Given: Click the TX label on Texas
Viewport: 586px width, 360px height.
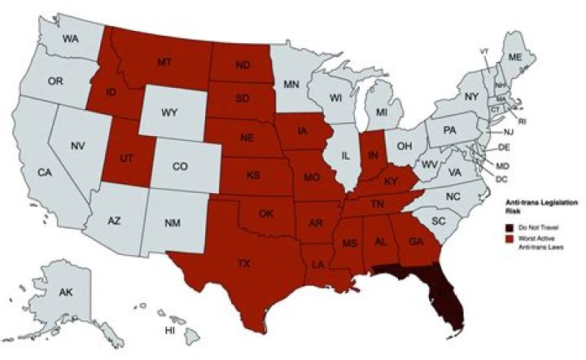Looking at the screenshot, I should pos(243,264).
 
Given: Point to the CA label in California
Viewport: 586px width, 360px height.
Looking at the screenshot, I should pos(46,172).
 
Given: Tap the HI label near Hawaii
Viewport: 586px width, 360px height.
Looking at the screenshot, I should pos(169,331).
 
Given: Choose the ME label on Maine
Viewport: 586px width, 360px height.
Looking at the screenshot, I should pos(514,58).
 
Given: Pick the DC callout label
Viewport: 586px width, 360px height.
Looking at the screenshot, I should pos(501,178).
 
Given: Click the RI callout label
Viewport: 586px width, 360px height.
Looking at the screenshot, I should pos(522,121).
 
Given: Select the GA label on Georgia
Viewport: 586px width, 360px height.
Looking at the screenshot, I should pos(414,240).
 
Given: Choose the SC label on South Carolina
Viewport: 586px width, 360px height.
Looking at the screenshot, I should pos(438,221).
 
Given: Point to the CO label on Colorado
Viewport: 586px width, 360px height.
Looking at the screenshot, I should pos(181,166).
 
